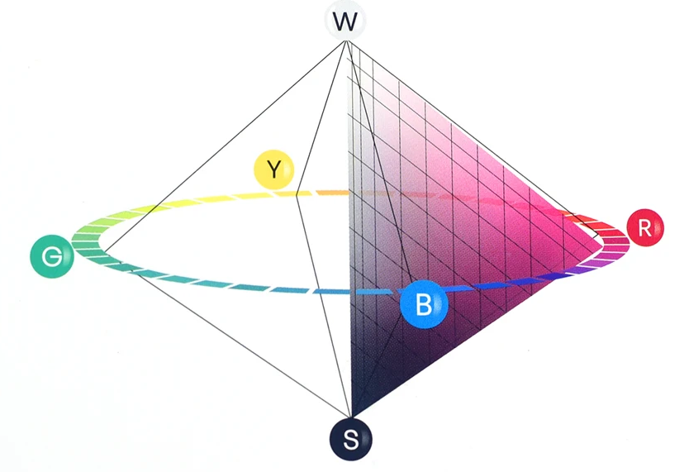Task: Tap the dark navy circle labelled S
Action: pyautogui.click(x=350, y=438)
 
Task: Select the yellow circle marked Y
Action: pyautogui.click(x=274, y=169)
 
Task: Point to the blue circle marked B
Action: pyautogui.click(x=423, y=305)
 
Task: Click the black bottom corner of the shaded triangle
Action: pyautogui.click(x=351, y=413)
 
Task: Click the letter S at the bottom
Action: pyautogui.click(x=350, y=439)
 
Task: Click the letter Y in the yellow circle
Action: pyautogui.click(x=274, y=170)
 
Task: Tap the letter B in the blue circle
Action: pyautogui.click(x=423, y=306)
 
